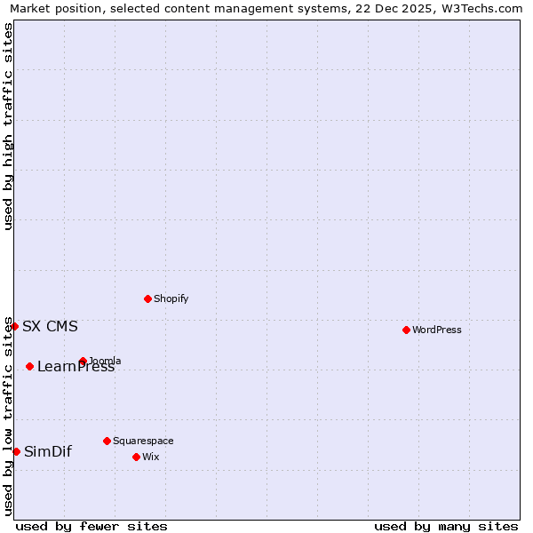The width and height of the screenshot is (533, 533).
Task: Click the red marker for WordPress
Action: tap(406, 330)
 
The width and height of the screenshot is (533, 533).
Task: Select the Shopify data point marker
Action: tap(147, 298)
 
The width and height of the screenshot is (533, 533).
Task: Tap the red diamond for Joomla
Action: tap(83, 361)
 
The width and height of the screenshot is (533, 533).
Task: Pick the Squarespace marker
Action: tap(107, 441)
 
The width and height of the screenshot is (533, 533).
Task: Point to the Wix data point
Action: tap(136, 457)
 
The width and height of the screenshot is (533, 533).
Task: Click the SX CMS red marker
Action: tap(14, 326)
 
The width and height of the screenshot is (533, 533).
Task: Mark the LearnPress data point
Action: tap(29, 366)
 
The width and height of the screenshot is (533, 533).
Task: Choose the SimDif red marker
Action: tap(16, 451)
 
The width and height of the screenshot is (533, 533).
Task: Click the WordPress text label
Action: tap(437, 330)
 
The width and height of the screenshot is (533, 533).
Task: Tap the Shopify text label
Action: tap(171, 298)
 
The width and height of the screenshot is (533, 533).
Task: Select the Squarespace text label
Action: tap(143, 441)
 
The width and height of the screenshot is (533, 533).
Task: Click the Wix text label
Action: tap(150, 457)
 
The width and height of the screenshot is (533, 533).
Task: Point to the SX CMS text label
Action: tap(50, 326)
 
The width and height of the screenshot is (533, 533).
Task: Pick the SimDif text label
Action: tap(48, 451)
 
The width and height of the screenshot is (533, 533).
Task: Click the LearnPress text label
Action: tap(76, 367)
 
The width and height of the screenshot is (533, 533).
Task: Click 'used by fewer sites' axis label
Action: tap(91, 526)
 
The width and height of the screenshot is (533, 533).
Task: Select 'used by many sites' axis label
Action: tap(446, 526)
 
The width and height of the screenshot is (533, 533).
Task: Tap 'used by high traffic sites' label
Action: tap(8, 126)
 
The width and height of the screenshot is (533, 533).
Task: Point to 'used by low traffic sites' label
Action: tap(8, 415)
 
